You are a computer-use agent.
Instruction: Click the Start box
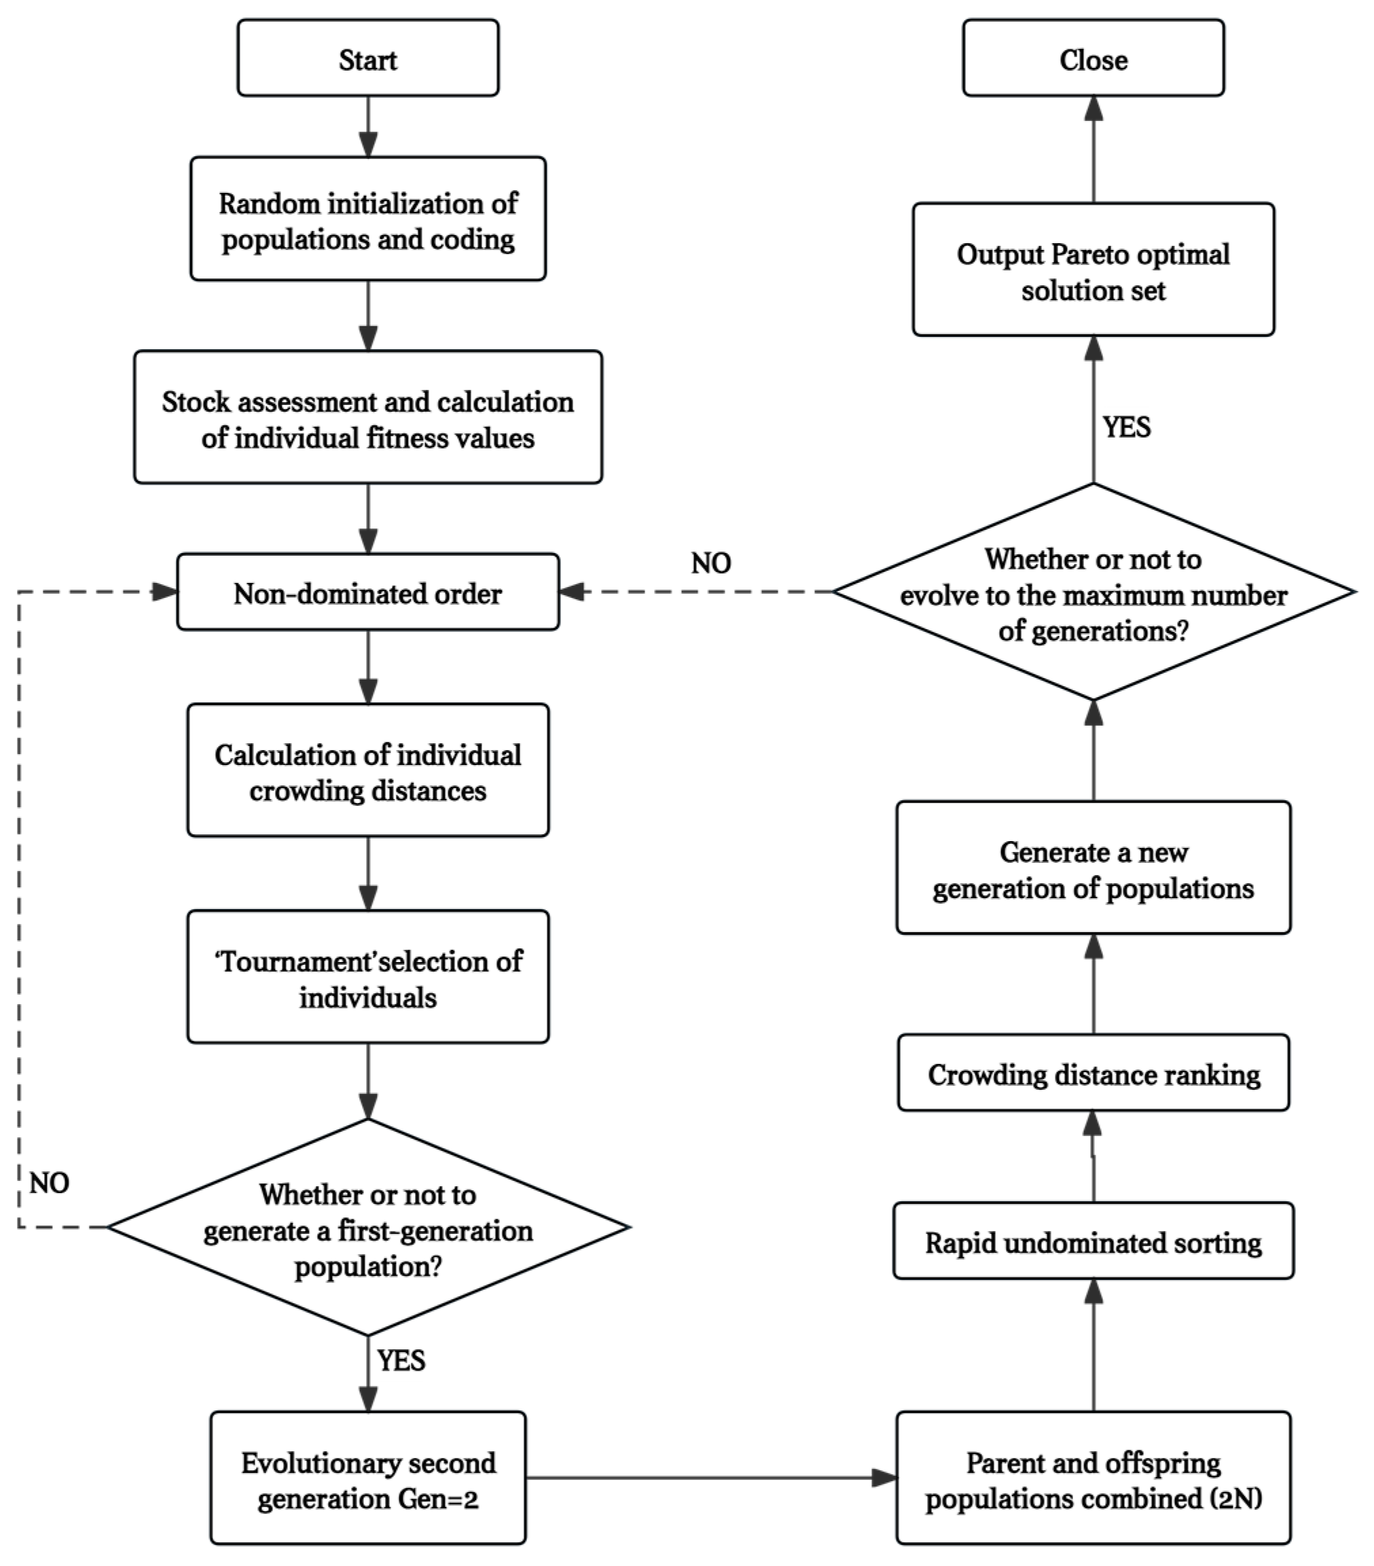pos(367,58)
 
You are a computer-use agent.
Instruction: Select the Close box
pos(1093,58)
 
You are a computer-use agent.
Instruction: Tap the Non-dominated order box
pos(367,592)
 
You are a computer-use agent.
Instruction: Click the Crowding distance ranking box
pos(1093,1073)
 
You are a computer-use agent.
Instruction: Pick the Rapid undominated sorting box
pos(1093,1242)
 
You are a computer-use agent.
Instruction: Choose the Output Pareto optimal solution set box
pos(1093,270)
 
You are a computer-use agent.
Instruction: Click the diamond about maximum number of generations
pos(1093,592)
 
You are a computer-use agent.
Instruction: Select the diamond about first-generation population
pos(367,1228)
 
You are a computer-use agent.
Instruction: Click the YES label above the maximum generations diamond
pos(1127,427)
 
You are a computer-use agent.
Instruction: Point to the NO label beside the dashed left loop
pos(49,1184)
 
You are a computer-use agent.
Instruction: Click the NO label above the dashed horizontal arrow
pos(710,563)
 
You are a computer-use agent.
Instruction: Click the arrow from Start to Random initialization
pos(368,126)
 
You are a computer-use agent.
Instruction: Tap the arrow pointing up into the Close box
pos(1093,149)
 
